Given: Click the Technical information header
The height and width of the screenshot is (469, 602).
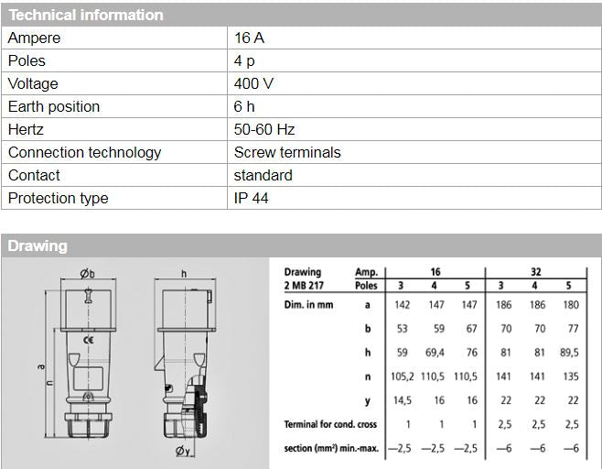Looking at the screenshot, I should click(x=86, y=15).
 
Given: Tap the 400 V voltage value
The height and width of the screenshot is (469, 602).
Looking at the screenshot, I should click(x=253, y=84).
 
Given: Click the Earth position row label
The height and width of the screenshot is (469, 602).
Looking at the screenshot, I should click(x=54, y=107).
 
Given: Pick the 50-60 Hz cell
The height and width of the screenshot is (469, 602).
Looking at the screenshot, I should click(x=264, y=130).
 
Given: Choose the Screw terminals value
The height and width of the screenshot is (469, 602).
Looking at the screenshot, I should click(x=286, y=153).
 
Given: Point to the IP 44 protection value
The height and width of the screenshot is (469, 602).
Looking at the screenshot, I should click(x=251, y=199).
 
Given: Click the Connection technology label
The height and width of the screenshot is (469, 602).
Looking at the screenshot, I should click(x=84, y=153).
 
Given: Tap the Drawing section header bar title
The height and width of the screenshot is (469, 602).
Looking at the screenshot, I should click(x=38, y=245).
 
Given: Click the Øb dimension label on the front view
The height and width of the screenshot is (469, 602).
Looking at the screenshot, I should click(x=87, y=273).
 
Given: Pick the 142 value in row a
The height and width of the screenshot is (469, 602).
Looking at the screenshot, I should click(x=401, y=305).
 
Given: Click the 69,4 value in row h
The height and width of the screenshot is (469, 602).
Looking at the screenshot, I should click(x=435, y=352).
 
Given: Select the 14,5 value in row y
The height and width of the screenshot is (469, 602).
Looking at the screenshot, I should click(x=401, y=399).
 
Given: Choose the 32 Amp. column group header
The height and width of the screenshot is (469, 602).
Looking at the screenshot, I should click(x=539, y=272).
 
